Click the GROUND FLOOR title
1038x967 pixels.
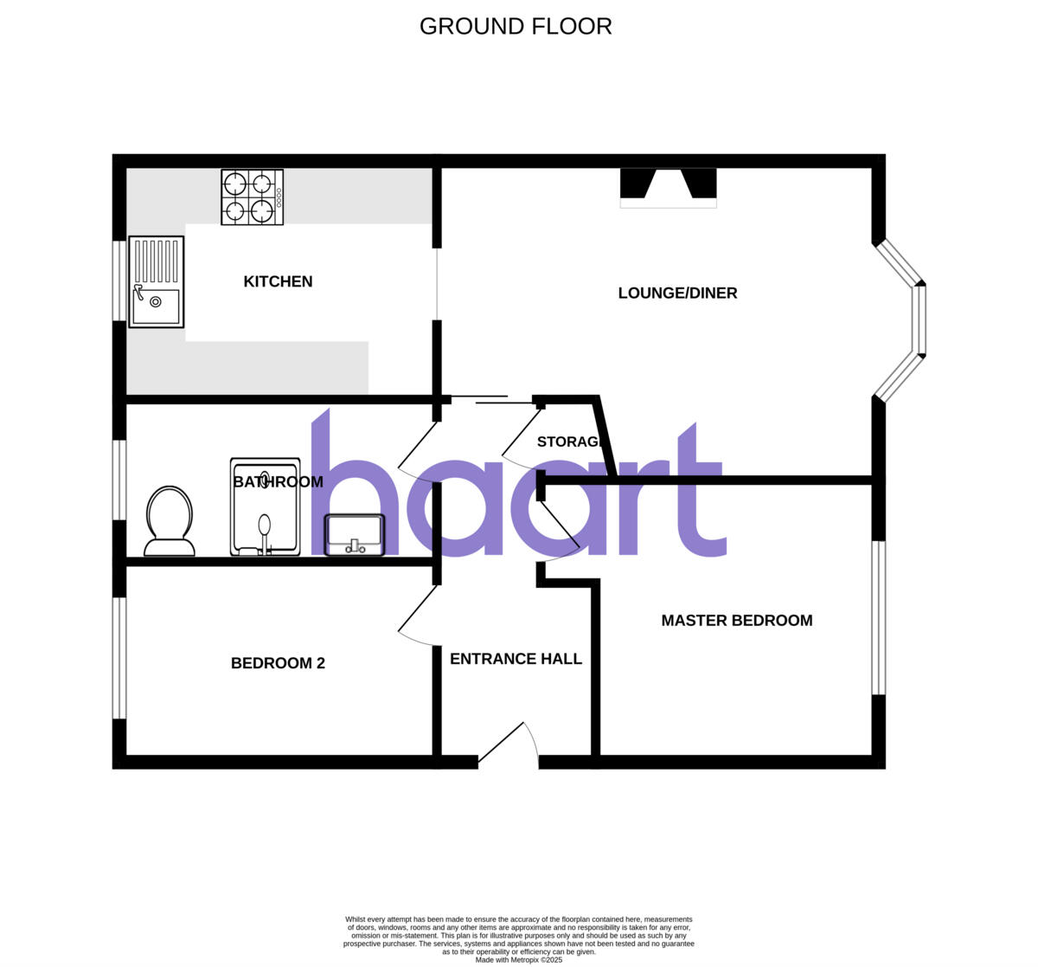516,27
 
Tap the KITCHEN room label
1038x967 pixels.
278,281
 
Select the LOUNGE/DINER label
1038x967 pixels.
677,293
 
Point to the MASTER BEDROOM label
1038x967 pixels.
736,620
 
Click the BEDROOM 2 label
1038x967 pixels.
278,663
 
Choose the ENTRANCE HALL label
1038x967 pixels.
516,659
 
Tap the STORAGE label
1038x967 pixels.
568,442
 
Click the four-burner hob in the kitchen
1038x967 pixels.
252,197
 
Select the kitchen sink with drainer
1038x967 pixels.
157,282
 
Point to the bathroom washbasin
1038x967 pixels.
354,534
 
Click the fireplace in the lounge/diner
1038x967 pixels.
668,187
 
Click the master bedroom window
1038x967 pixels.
879,617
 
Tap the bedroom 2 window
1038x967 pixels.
120,657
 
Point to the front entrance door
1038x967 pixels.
509,745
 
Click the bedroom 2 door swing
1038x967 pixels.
418,616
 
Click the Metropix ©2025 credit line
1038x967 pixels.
519,959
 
